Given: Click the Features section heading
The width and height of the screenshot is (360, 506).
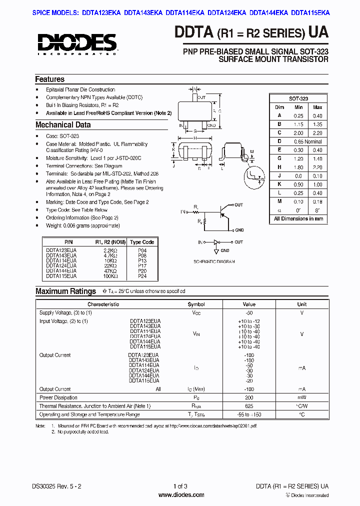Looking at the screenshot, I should pyautogui.click(x=49, y=79).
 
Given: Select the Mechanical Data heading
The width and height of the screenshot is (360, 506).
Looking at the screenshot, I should pyautogui.click(x=63, y=125).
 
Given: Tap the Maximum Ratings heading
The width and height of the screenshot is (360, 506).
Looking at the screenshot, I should pyautogui.click(x=65, y=291).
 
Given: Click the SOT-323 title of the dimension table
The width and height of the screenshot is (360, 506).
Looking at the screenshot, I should pyautogui.click(x=298, y=99).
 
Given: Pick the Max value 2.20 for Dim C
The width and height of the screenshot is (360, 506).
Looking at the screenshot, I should pyautogui.click(x=317, y=133).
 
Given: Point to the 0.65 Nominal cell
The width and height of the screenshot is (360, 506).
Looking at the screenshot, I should pyautogui.click(x=308, y=141).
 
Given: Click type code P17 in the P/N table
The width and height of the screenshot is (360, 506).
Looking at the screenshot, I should pyautogui.click(x=142, y=265).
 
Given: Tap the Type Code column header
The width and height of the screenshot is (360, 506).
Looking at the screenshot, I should pyautogui.click(x=142, y=242).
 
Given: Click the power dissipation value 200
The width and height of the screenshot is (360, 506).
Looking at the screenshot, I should pyautogui.click(x=249, y=397).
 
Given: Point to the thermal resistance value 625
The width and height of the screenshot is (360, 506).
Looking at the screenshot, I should pyautogui.click(x=249, y=406).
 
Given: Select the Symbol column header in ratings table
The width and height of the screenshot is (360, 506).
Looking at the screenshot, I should pyautogui.click(x=196, y=304).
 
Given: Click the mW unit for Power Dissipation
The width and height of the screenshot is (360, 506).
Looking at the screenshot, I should pyautogui.click(x=302, y=397).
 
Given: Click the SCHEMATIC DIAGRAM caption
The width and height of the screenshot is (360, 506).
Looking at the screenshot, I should pyautogui.click(x=213, y=261).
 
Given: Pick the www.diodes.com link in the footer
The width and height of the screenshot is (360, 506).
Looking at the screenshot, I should pyautogui.click(x=181, y=495).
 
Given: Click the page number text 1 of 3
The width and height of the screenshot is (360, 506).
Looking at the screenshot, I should pyautogui.click(x=180, y=486).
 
